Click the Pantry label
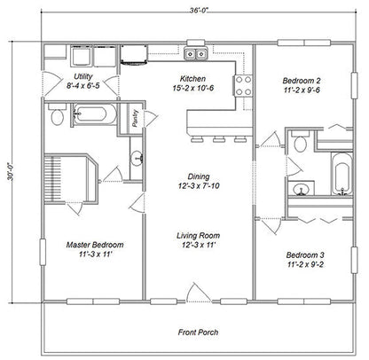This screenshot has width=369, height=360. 133,120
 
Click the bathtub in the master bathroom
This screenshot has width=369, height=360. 91,113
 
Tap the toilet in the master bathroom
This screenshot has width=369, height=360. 58,115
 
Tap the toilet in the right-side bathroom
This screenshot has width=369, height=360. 301,143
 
